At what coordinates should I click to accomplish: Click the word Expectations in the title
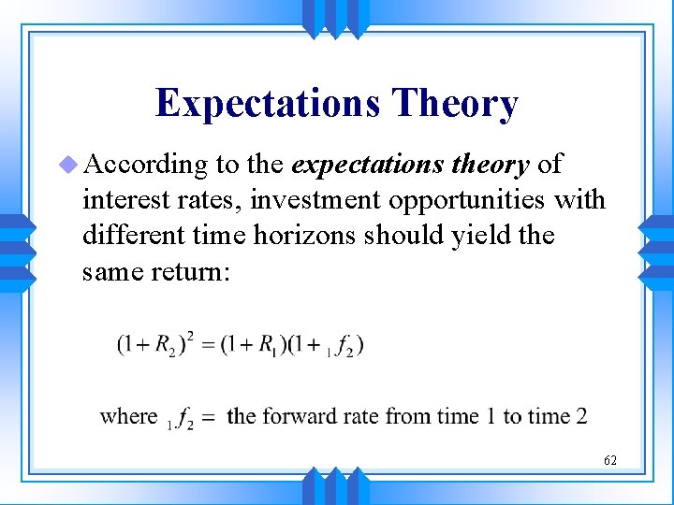pyautogui.click(x=268, y=103)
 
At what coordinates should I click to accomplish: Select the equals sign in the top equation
pyautogui.click(x=207, y=344)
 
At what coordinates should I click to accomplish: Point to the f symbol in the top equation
pyautogui.click(x=342, y=345)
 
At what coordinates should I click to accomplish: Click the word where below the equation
pyautogui.click(x=128, y=415)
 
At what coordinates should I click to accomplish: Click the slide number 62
pyautogui.click(x=609, y=460)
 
